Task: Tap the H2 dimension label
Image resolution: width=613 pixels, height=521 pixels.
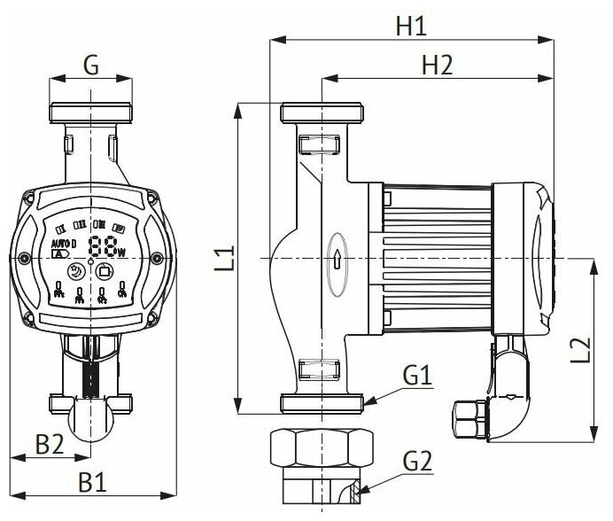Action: coord(437,65)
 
